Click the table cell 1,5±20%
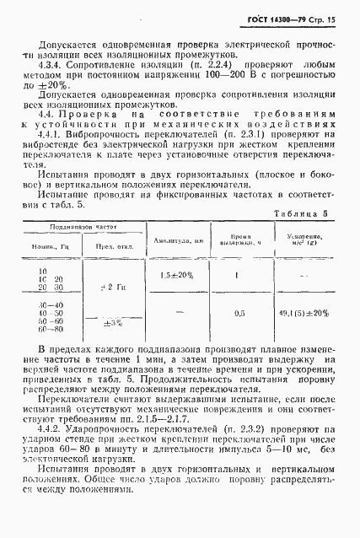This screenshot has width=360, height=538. (x=175, y=276)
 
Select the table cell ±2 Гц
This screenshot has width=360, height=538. (x=112, y=288)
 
